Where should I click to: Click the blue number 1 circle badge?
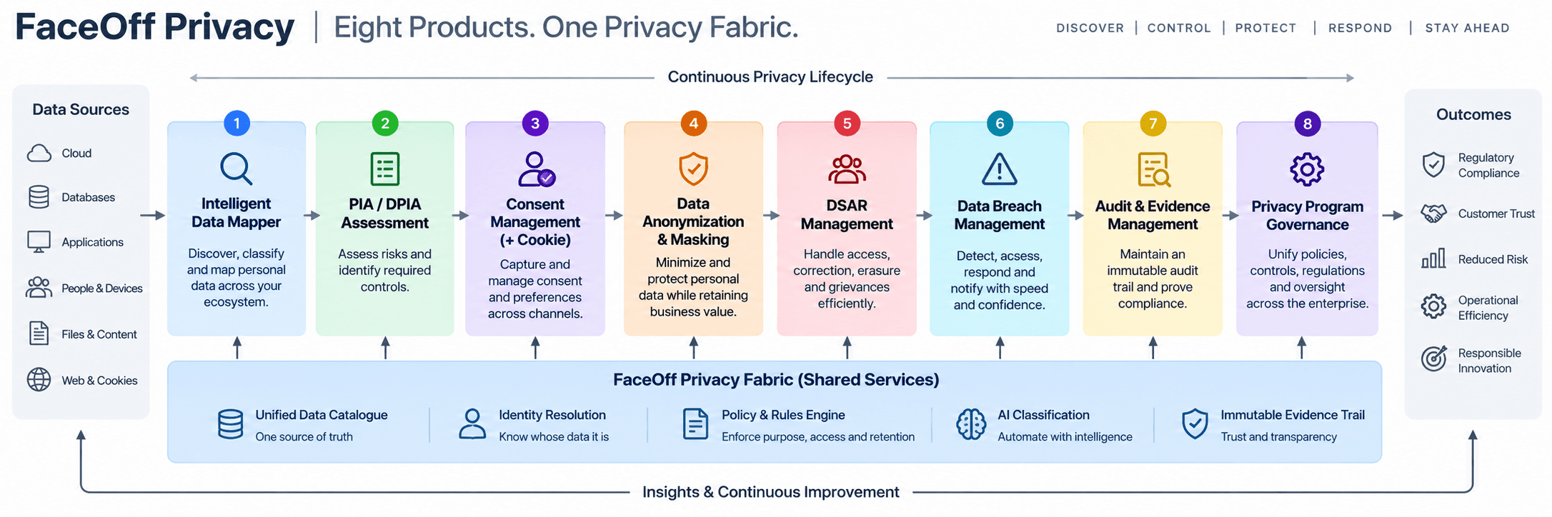[237, 124]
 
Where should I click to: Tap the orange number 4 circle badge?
[693, 124]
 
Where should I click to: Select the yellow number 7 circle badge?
[1153, 124]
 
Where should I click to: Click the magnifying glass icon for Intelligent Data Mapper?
[236, 169]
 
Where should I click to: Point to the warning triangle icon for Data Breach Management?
[999, 169]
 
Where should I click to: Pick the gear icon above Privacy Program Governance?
[1307, 169]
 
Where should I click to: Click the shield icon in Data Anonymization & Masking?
[693, 169]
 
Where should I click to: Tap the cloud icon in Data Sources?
[39, 153]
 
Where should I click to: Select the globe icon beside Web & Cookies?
[39, 380]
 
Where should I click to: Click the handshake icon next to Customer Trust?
[1433, 214]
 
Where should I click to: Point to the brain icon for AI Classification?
[971, 425]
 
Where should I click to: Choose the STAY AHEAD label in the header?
[1467, 28]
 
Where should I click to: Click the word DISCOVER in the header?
[1090, 28]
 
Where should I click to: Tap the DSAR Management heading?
[847, 215]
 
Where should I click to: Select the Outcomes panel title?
[1473, 114]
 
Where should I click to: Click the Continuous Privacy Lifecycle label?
[770, 77]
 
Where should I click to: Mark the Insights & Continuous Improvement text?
[771, 492]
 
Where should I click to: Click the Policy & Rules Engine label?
[783, 415]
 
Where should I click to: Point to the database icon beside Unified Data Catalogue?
[230, 424]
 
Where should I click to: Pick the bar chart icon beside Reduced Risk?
[1433, 258]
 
